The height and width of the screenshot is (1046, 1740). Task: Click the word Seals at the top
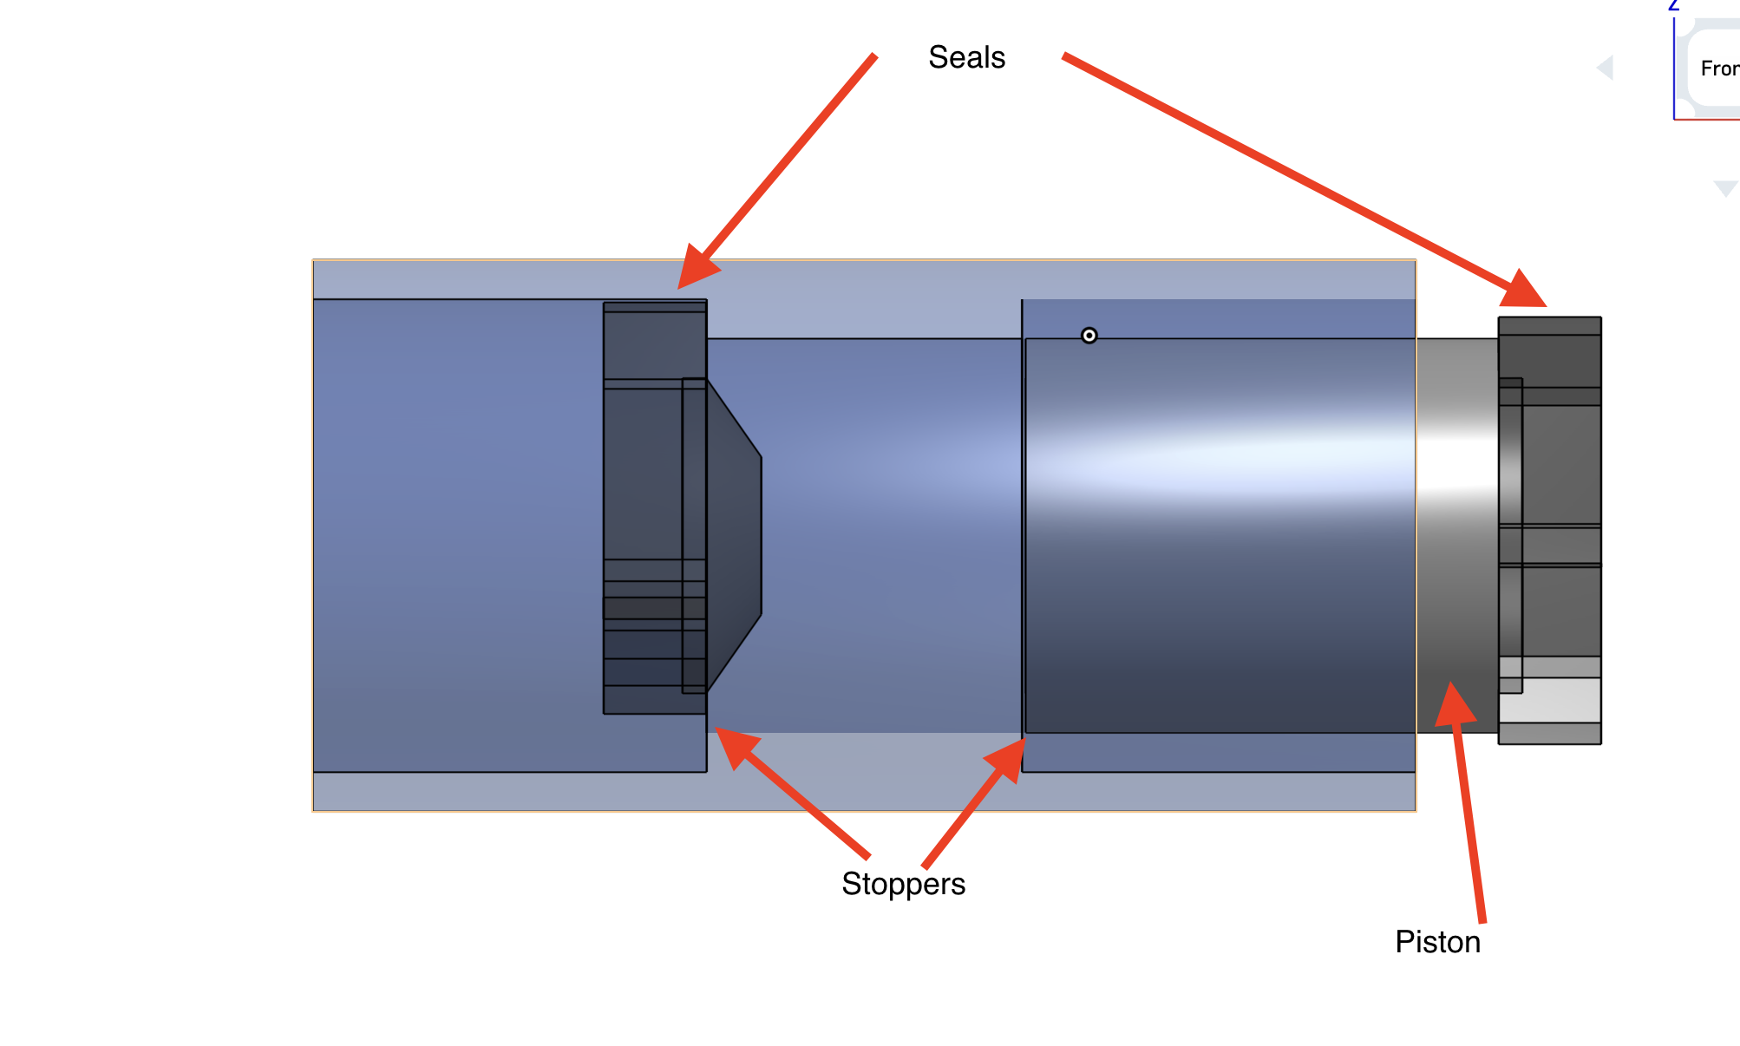966,57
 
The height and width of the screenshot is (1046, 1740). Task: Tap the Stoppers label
903,884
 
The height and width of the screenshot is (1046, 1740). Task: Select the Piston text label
1437,942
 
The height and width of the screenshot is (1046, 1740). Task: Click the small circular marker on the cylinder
1089,336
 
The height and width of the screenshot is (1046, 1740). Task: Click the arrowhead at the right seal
1525,291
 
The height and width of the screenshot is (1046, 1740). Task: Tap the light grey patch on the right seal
1550,700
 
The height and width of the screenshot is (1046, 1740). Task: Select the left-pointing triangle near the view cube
1606,68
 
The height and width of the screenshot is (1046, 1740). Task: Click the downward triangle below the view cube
1725,188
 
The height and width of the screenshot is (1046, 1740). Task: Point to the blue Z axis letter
1674,5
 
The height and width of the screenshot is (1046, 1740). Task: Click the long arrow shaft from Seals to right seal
1284,169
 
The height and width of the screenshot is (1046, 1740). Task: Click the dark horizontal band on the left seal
654,607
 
